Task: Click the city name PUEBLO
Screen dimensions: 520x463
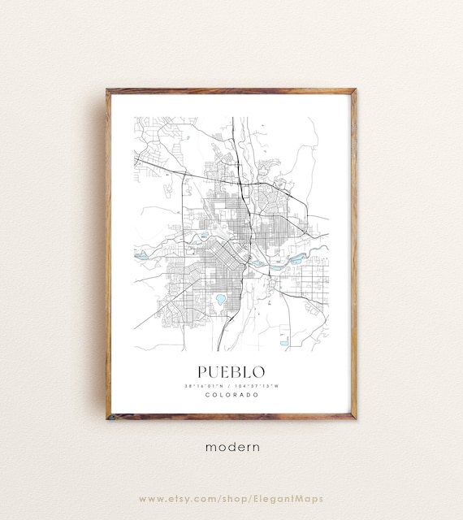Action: (x=231, y=371)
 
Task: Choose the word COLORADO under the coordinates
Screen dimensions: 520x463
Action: (x=231, y=395)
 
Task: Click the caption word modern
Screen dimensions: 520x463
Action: (x=231, y=447)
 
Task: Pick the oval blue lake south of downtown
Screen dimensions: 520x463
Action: (x=220, y=300)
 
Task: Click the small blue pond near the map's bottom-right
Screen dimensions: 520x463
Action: (x=284, y=343)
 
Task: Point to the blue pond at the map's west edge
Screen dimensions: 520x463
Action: (x=141, y=256)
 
